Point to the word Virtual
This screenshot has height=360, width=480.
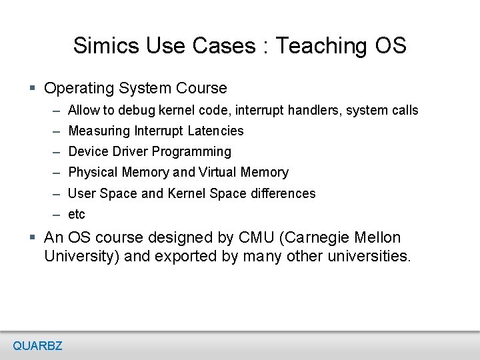click(x=218, y=172)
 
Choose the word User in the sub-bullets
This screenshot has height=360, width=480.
click(x=82, y=193)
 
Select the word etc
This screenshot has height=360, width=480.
click(x=77, y=215)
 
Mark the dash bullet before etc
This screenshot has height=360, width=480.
click(x=55, y=215)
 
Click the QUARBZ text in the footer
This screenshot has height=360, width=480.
click(x=37, y=345)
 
